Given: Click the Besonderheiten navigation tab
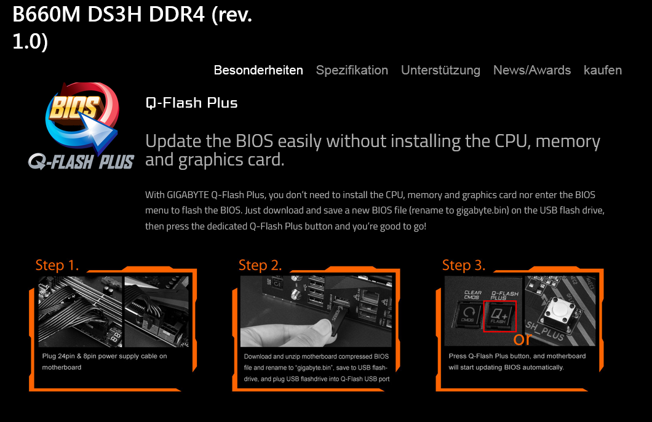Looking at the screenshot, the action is click(x=258, y=70).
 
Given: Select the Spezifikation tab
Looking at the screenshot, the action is click(x=352, y=70).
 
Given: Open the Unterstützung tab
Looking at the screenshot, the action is click(x=440, y=70).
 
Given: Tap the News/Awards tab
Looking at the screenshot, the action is click(x=532, y=70).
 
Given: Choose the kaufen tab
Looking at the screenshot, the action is click(x=603, y=70).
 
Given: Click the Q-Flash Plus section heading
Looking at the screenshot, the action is click(x=191, y=103).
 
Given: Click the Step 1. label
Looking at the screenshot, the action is click(x=57, y=265).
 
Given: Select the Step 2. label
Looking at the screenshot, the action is click(x=260, y=265).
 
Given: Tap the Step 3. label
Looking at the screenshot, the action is click(x=464, y=265).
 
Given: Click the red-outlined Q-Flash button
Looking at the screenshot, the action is click(x=499, y=316).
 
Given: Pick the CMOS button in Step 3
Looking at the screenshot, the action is click(x=468, y=315).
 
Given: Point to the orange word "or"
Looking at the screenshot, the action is click(x=522, y=339).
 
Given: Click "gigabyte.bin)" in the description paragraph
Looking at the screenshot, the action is click(x=482, y=210).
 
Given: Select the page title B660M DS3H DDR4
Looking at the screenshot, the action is click(x=108, y=15).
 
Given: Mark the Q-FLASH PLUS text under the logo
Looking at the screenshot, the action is click(x=81, y=161).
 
